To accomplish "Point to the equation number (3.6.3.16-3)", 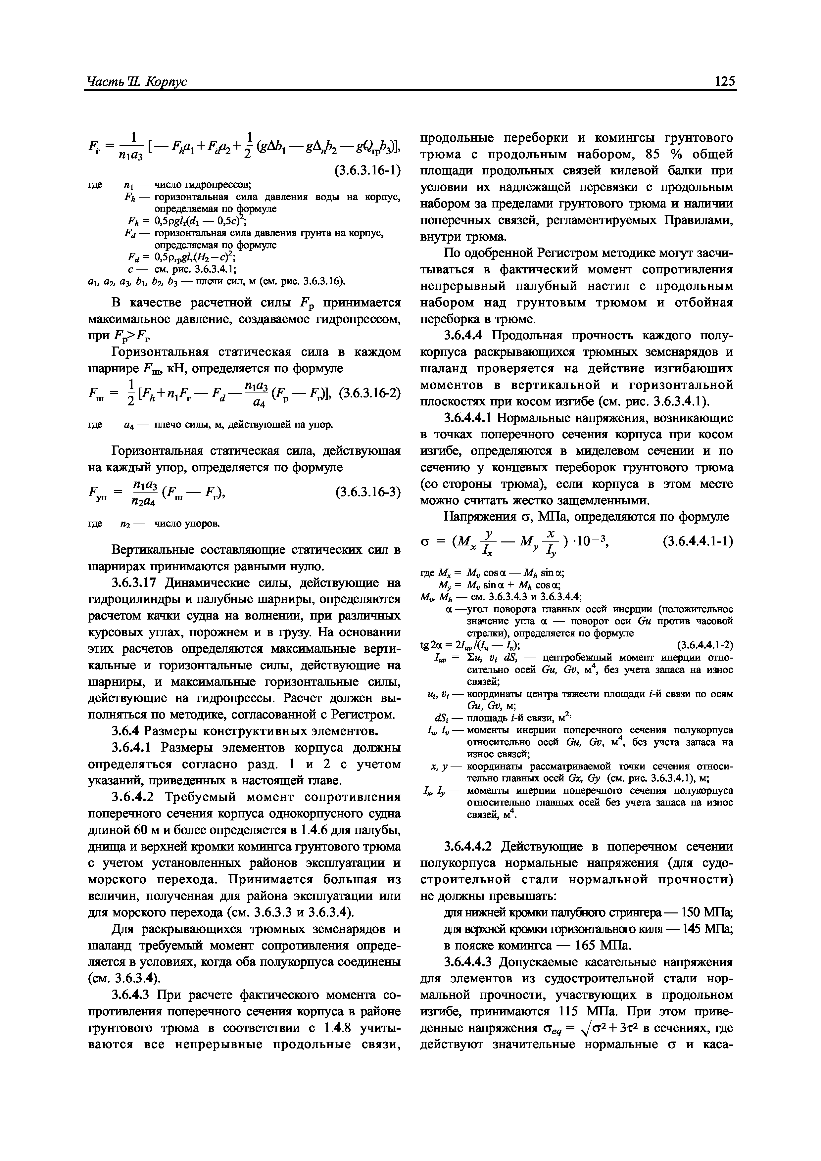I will point(368,491).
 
